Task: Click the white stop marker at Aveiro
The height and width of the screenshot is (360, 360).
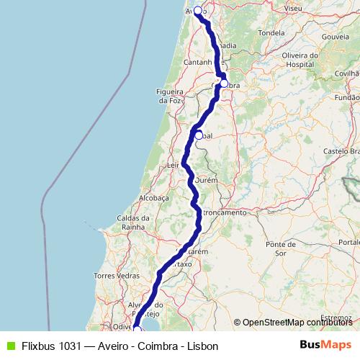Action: click(198, 11)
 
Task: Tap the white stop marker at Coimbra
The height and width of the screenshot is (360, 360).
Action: click(224, 84)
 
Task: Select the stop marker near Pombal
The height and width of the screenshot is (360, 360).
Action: click(199, 135)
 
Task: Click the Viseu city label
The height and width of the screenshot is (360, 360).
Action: click(293, 8)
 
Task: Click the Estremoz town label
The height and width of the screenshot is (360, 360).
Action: click(337, 316)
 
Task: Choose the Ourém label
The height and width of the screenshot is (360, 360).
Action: click(207, 181)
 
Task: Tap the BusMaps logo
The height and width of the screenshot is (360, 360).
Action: click(326, 345)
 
